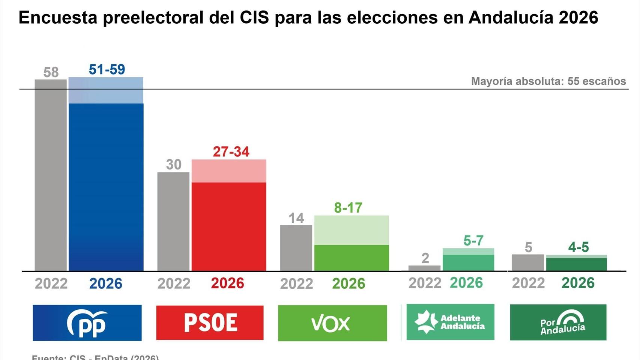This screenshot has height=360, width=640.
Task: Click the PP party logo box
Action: [87, 323]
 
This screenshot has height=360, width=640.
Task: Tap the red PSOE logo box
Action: [210, 323]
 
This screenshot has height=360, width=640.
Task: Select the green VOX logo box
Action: [332, 323]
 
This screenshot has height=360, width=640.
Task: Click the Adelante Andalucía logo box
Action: [450, 322]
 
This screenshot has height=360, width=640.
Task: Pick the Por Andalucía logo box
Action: [558, 322]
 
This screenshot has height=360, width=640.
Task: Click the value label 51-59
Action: [107, 69]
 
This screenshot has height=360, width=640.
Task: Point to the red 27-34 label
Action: [231, 152]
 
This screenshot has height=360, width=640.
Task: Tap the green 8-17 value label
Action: [348, 208]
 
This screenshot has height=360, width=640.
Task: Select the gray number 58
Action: [51, 72]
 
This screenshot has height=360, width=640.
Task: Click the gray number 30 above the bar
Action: [174, 165]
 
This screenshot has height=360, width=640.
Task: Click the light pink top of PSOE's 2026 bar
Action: [229, 171]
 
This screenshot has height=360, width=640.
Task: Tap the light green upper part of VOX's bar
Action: [352, 230]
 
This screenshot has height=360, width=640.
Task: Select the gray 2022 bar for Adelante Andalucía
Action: [424, 268]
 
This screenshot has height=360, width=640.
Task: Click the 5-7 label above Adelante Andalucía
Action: [473, 240]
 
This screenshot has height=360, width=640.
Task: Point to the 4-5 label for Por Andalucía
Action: [578, 247]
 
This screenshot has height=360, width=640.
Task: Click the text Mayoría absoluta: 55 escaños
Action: [548, 81]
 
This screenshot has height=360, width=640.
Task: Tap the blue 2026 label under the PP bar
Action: [106, 283]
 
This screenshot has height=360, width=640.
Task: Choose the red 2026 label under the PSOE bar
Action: [227, 283]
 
